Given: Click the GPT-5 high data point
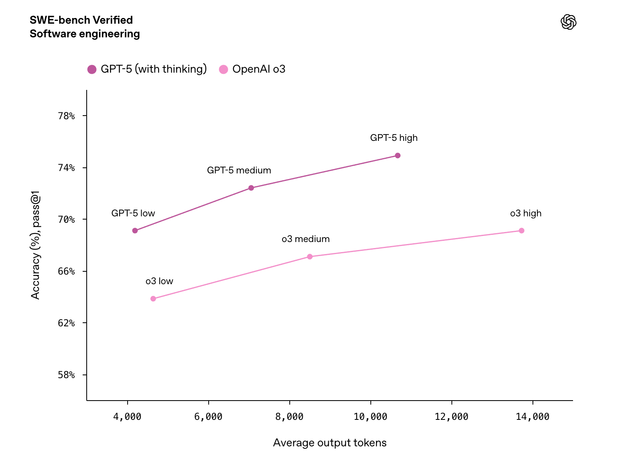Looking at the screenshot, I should (x=397, y=156).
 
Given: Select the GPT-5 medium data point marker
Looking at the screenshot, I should (x=251, y=188).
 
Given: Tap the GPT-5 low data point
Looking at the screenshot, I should (x=135, y=231).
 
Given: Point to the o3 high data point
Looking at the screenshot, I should (x=521, y=231).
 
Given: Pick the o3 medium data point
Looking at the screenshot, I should (x=310, y=257).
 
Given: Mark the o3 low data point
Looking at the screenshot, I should (x=153, y=299).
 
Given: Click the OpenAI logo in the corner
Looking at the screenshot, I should (x=568, y=22).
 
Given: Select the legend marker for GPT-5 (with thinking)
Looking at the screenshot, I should (x=92, y=69).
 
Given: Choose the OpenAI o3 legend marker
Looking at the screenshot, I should (x=224, y=69).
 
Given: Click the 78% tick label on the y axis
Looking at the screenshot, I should (x=66, y=116).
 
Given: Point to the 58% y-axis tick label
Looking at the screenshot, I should (x=66, y=375).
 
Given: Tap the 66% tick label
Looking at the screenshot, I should (x=66, y=271).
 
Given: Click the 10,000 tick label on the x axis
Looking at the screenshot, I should (x=370, y=417).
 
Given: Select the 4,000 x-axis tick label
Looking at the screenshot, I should (x=127, y=417).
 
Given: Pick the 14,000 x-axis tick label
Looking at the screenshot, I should (x=533, y=417).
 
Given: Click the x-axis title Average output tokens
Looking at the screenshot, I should (x=329, y=443).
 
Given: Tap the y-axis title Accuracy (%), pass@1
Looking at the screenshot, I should (x=36, y=247).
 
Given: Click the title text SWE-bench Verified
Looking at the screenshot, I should (x=81, y=20).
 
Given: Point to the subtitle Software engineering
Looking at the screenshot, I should (x=85, y=34).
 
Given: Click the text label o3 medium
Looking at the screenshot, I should (x=305, y=239).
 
